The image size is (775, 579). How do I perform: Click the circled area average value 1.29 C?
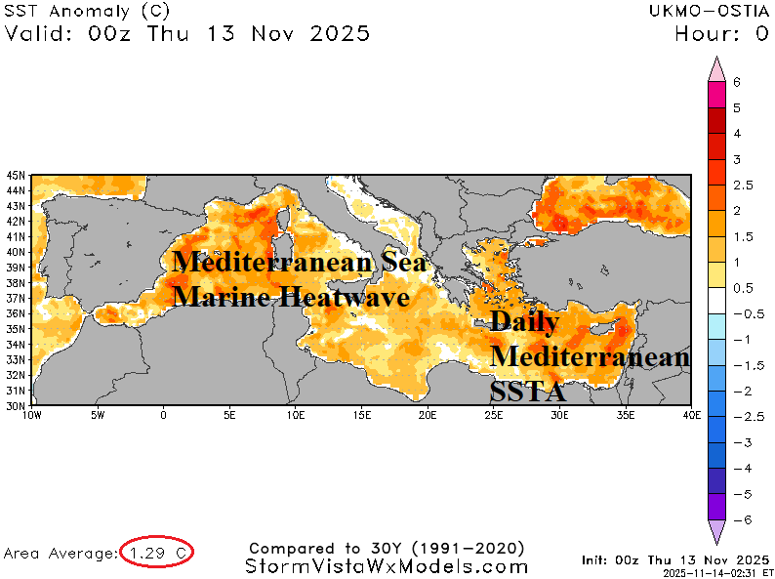coord(156,553)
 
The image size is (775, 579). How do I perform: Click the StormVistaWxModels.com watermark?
coord(387,566)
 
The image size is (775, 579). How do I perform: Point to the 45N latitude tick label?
coord(17,176)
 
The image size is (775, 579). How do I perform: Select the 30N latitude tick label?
coord(17,405)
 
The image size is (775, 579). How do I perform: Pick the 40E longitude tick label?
coord(691,414)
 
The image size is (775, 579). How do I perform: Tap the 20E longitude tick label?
coord(427,414)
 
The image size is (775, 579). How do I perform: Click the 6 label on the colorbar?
coord(737,83)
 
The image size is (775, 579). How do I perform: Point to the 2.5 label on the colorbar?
coord(742,185)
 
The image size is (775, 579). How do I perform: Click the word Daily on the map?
coord(524,322)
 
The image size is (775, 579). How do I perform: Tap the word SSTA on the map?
coord(528,393)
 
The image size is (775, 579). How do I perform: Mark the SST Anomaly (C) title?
coord(86,12)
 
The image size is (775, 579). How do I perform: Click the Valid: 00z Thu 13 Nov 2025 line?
coord(187,34)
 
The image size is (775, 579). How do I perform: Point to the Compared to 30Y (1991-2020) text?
coord(387,548)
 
